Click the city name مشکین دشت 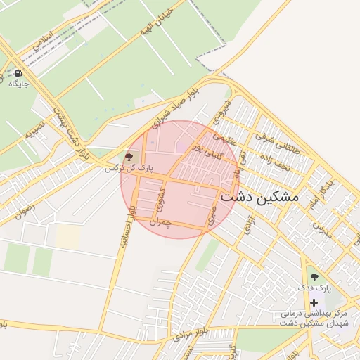[259, 198]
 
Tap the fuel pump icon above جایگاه [18, 73]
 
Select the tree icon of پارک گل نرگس [128, 157]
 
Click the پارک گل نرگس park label [128, 168]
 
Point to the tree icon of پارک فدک [314, 276]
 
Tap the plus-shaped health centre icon [314, 302]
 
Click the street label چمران [161, 221]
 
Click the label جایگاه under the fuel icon [18, 84]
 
